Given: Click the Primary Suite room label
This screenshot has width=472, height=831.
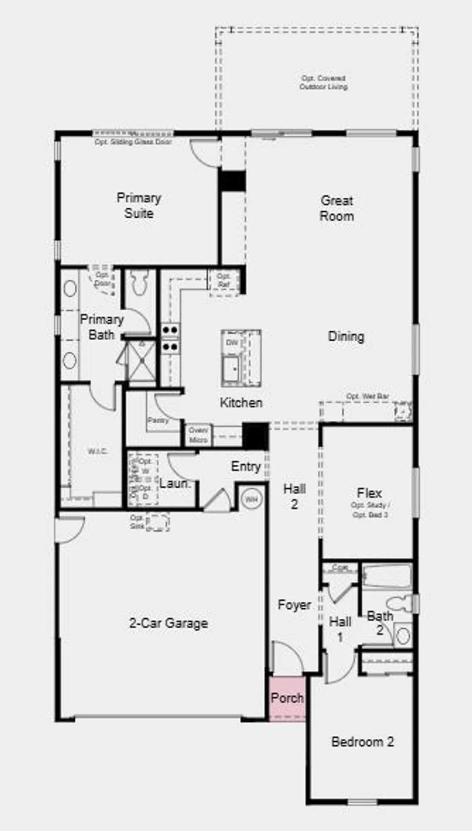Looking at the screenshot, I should [138, 206].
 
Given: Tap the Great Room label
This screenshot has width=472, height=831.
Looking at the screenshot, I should [336, 208].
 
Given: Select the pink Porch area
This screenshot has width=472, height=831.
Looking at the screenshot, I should [287, 699].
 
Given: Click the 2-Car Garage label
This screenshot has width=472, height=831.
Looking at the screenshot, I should [168, 623].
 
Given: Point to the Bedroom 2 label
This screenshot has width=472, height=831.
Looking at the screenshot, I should [362, 742].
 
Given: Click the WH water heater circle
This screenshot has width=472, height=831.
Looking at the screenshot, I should [252, 499].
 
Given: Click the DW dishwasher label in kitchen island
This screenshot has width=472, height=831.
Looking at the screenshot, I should [232, 343].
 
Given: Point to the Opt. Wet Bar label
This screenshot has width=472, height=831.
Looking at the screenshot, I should [367, 397].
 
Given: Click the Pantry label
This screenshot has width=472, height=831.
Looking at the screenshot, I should [158, 421].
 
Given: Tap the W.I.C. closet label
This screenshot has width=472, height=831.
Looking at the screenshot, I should [98, 452].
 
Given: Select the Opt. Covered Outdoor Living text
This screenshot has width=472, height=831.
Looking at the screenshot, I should [324, 83].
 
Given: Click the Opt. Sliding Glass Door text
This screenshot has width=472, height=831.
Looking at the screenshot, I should [133, 142].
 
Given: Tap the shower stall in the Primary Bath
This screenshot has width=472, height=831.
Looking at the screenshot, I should [141, 360].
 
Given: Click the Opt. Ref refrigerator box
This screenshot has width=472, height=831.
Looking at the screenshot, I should [224, 280].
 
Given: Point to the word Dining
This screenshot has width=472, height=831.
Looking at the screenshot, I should [346, 336].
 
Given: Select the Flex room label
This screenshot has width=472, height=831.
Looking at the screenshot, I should [369, 493].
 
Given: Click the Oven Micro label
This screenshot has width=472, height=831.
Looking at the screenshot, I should [198, 435].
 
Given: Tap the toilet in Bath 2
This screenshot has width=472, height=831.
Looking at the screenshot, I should [398, 603].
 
